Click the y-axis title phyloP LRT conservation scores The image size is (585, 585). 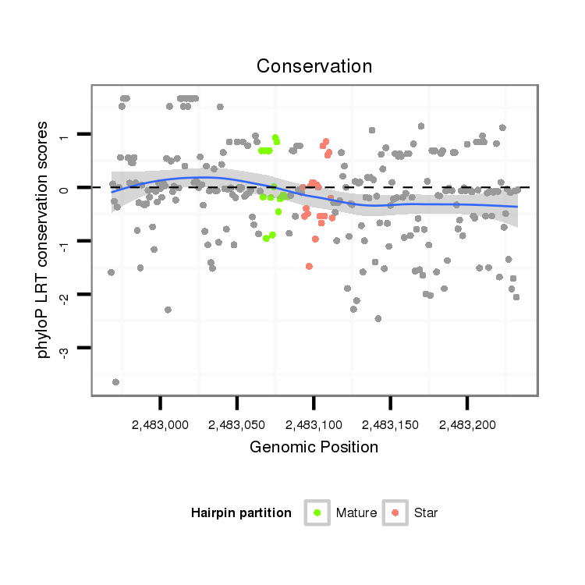44,239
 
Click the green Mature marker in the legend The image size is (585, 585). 317,512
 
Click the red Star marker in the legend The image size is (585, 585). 395,512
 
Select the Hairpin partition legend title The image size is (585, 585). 241,513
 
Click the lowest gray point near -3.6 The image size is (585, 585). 115,381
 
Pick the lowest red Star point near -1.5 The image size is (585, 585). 309,266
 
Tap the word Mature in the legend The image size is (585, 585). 356,513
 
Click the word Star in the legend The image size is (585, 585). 426,513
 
